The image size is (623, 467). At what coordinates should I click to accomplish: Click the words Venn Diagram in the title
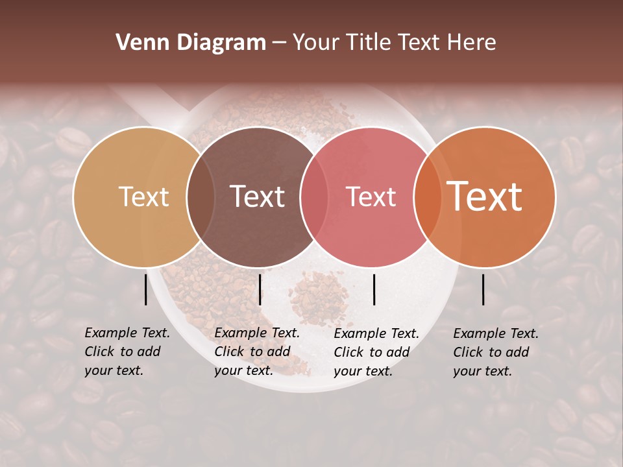click(x=191, y=43)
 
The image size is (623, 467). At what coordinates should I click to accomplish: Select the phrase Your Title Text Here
click(x=394, y=43)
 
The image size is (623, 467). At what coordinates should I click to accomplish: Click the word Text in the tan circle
click(x=143, y=197)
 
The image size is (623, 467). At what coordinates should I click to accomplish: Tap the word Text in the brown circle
click(x=258, y=197)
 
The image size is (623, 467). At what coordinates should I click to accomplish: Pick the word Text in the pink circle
click(x=371, y=197)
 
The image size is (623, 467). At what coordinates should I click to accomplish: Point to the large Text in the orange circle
click(x=485, y=197)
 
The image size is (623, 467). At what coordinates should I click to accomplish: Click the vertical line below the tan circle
click(x=146, y=289)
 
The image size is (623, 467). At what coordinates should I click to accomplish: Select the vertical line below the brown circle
click(x=260, y=289)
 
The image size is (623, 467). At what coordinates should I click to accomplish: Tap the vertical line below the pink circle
click(x=374, y=289)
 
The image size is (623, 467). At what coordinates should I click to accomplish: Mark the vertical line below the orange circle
click(x=483, y=289)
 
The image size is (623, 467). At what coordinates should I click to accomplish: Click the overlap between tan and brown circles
click(x=201, y=197)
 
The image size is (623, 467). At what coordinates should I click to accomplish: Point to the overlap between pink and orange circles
click(x=428, y=197)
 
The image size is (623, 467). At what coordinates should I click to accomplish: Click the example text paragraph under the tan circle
click(x=127, y=352)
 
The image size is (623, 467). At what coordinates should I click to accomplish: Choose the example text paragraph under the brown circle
click(x=257, y=352)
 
